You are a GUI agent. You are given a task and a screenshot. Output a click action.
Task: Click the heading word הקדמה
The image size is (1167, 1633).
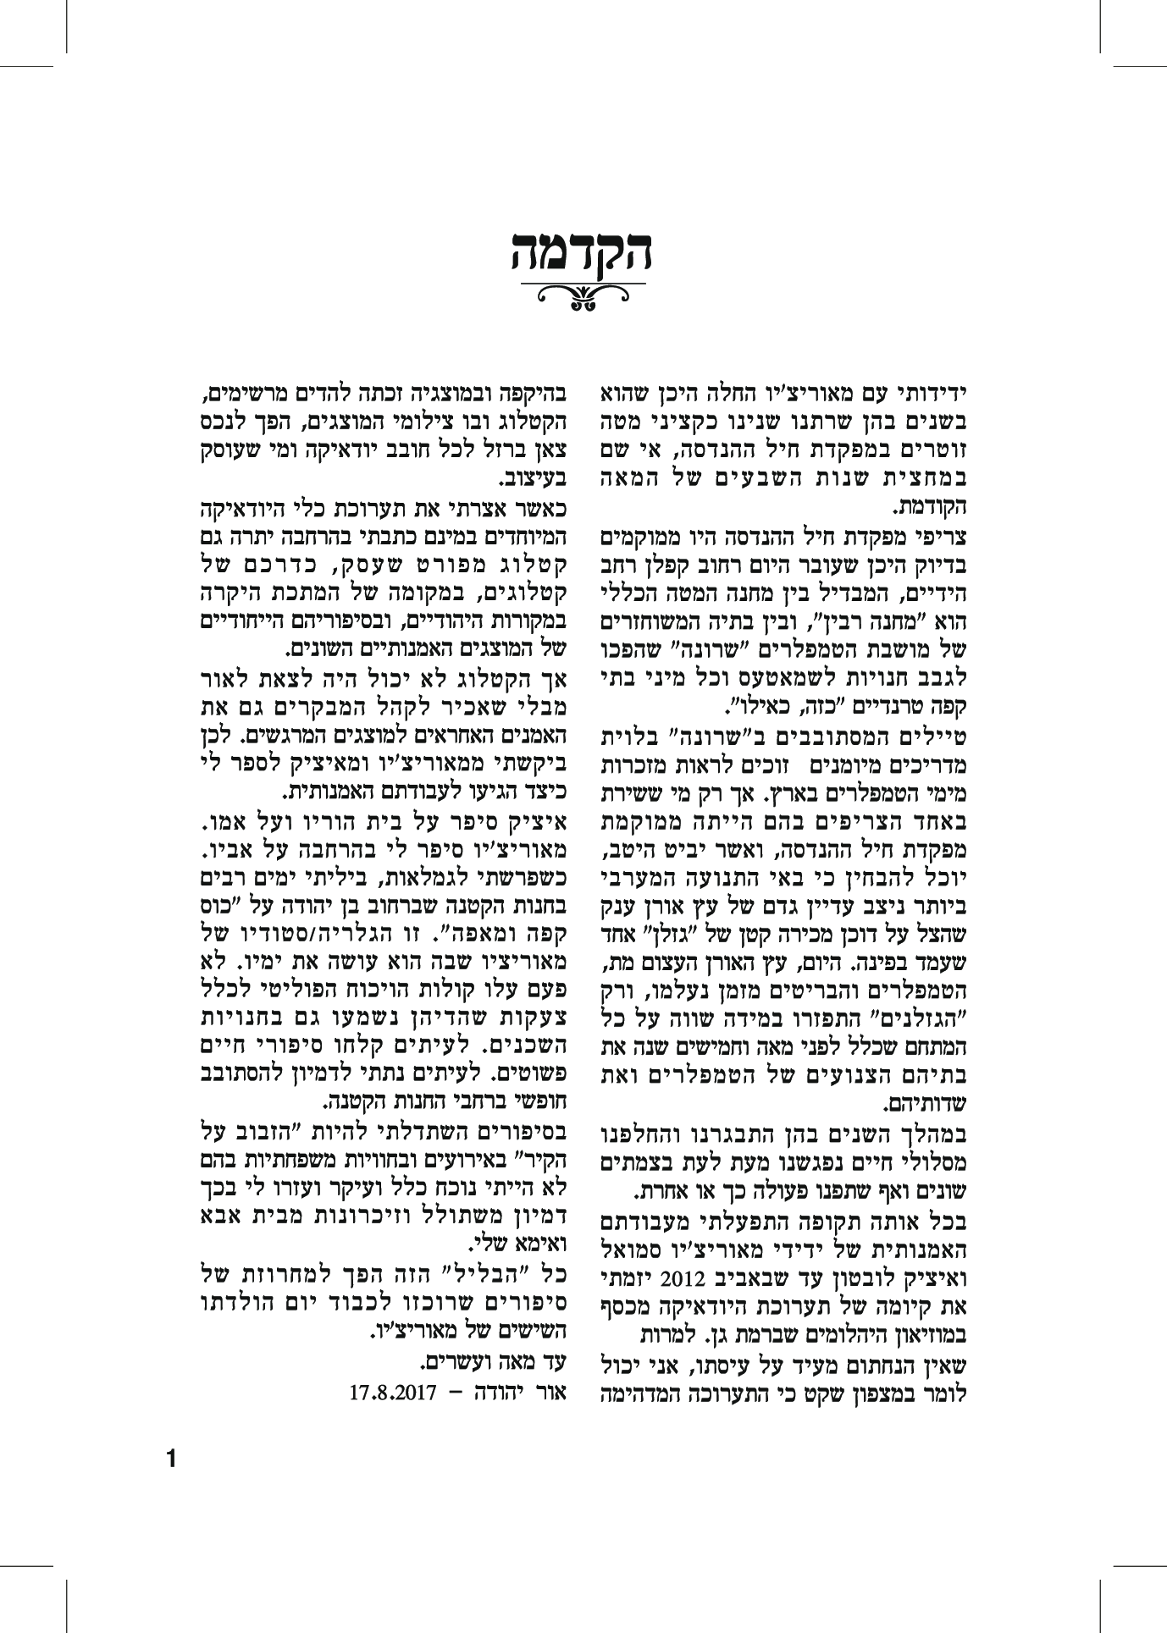(582, 251)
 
